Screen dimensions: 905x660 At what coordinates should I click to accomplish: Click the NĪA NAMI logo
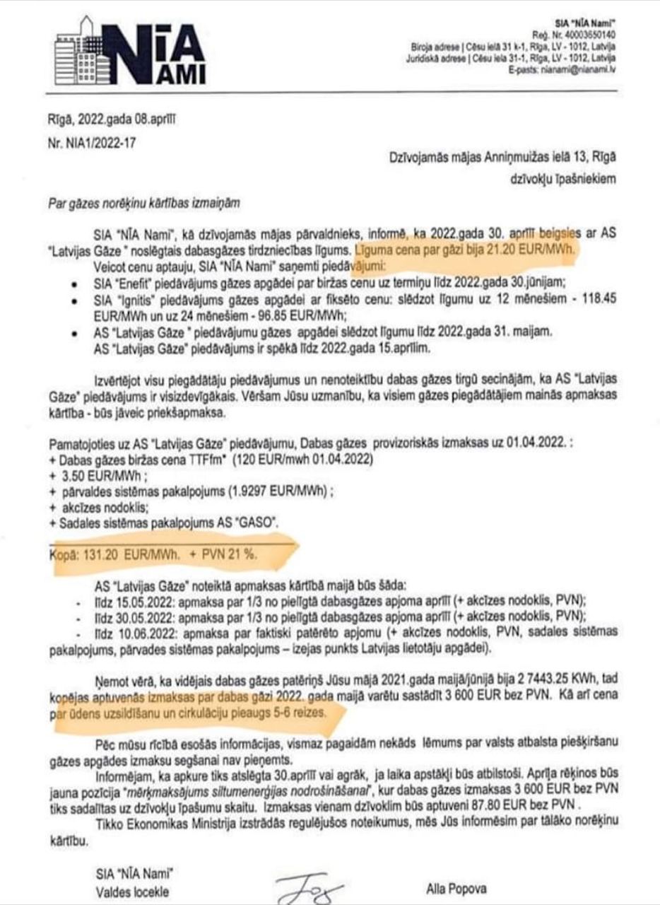pos(131,54)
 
